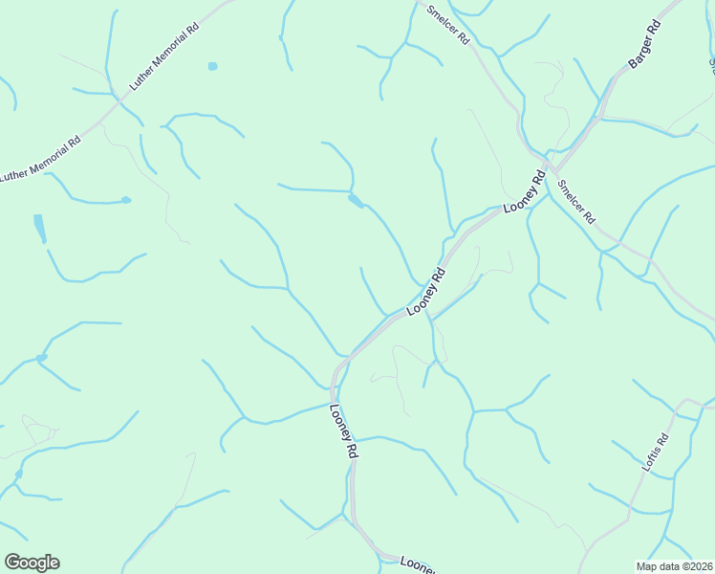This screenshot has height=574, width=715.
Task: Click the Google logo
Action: (x=32, y=563)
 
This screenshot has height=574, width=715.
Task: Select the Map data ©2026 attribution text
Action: (x=674, y=566)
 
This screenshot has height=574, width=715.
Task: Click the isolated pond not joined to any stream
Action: (x=212, y=66)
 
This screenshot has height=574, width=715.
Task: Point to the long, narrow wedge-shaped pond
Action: (x=39, y=228)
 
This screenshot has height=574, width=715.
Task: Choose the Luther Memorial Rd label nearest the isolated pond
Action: (x=165, y=57)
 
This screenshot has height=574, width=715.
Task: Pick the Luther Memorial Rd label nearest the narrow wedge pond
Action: (x=40, y=160)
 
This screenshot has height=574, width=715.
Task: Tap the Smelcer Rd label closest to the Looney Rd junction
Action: (x=576, y=202)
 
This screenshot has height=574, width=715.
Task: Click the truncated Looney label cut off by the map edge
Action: (x=418, y=564)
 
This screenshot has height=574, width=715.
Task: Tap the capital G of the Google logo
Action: (x=11, y=563)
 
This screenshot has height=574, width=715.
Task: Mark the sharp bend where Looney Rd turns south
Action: (x=336, y=368)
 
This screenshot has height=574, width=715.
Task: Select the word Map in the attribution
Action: (x=647, y=566)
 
